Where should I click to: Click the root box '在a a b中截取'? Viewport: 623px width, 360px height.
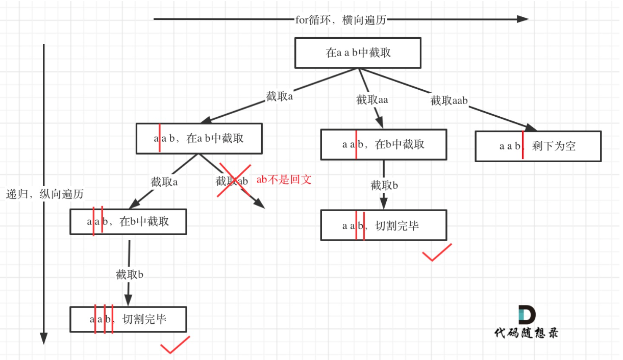click(358, 53)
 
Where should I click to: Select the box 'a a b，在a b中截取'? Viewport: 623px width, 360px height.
click(199, 138)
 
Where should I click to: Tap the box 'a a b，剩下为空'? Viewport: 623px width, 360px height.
click(538, 146)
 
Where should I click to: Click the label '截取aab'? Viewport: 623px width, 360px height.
click(449, 101)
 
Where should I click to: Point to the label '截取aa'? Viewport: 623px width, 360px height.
click(372, 100)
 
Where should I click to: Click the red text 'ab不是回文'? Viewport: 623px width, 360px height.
click(284, 179)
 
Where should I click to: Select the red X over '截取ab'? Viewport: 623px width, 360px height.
click(235, 180)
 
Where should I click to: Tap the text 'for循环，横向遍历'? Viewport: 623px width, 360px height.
click(341, 20)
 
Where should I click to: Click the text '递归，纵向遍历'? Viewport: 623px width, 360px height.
click(45, 194)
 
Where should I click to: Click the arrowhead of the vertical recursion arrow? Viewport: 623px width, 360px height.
click(44, 338)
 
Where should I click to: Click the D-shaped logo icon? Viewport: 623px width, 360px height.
click(527, 315)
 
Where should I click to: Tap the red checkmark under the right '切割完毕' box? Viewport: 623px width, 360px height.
click(437, 253)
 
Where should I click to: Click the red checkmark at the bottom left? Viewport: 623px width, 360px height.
click(175, 345)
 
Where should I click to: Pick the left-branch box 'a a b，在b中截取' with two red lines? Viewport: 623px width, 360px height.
click(128, 221)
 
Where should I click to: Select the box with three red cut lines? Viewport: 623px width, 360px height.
click(128, 320)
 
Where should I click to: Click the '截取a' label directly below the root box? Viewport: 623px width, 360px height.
click(279, 97)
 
